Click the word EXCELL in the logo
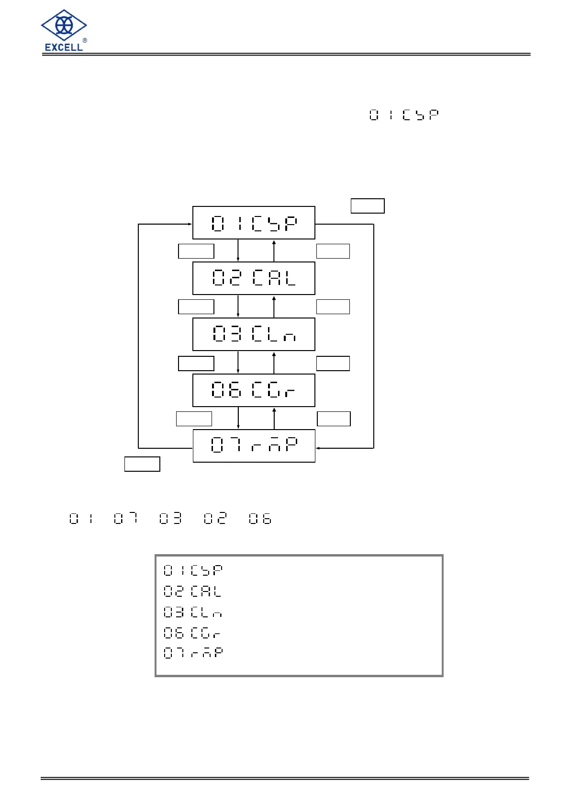tap(64, 47)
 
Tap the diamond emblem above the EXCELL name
tap(64, 25)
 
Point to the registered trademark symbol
tap(85, 41)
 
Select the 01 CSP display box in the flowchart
tap(254, 223)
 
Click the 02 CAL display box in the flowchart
tap(254, 278)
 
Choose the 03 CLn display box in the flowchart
tap(254, 334)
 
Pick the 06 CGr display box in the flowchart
tap(254, 390)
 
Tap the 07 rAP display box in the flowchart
tap(254, 446)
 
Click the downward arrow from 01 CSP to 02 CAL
tap(238, 250)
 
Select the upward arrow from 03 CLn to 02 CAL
tap(274, 307)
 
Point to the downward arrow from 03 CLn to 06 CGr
tap(238, 363)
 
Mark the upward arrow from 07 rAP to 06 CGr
tap(274, 418)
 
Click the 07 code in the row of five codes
tap(126, 518)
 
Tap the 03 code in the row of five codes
tap(170, 518)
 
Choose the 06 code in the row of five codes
tap(260, 518)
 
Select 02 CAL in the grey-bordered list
tap(192, 591)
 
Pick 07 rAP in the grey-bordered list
tap(193, 652)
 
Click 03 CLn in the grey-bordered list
tap(193, 612)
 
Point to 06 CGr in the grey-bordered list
tap(192, 633)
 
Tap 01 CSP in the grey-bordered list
tap(193, 570)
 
